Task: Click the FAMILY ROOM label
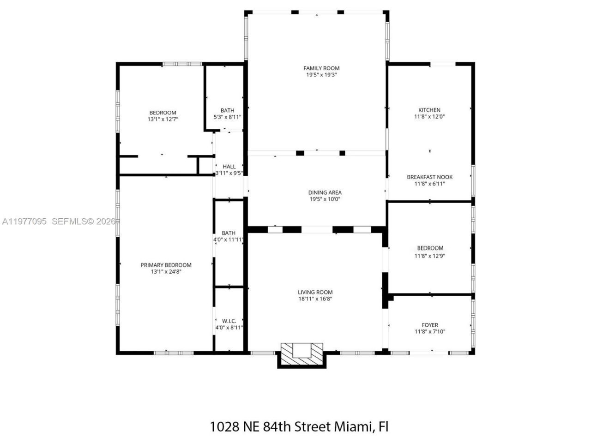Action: click(321, 68)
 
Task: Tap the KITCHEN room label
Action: click(429, 110)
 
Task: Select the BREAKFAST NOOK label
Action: click(429, 177)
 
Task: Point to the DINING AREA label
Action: click(325, 192)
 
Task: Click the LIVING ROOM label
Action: click(315, 292)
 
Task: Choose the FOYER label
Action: click(430, 325)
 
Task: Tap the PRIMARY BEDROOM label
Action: click(166, 265)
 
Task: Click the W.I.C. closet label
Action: click(229, 321)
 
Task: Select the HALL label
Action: click(229, 167)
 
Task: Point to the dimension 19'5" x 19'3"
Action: click(322, 75)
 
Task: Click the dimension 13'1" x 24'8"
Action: click(166, 272)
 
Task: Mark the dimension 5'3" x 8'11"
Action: click(227, 117)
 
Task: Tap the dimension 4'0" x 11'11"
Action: click(228, 239)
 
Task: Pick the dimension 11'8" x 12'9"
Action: click(430, 256)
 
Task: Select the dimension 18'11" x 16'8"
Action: click(315, 299)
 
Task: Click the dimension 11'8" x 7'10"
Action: click(430, 331)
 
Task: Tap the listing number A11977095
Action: click(24, 221)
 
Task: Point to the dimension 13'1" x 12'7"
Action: click(163, 119)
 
